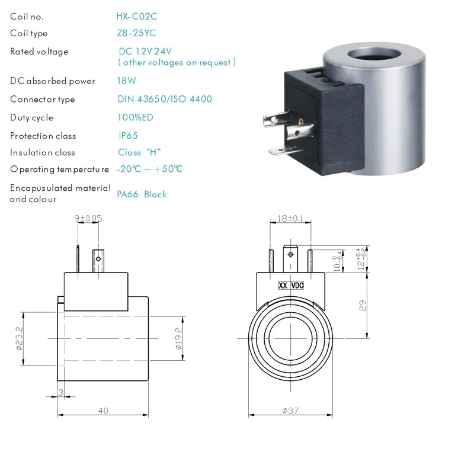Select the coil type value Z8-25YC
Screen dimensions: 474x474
(x=137, y=33)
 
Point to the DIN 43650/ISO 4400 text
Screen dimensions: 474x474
(x=165, y=99)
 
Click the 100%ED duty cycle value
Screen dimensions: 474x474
(x=135, y=117)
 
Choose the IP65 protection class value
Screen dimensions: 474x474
(x=129, y=136)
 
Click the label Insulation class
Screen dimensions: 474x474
(x=43, y=152)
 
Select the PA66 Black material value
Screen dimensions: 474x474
(x=142, y=194)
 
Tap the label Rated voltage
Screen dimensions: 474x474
(x=39, y=52)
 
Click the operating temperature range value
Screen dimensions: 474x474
(x=149, y=169)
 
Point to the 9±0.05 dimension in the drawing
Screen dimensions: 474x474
(x=88, y=218)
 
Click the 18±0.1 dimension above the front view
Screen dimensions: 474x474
(x=290, y=219)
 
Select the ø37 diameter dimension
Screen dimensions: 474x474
(x=292, y=411)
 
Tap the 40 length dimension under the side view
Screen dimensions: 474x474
(x=103, y=411)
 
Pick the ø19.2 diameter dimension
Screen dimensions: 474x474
(x=178, y=338)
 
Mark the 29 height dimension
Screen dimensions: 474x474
(x=363, y=306)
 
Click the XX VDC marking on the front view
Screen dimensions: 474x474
(x=291, y=286)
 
